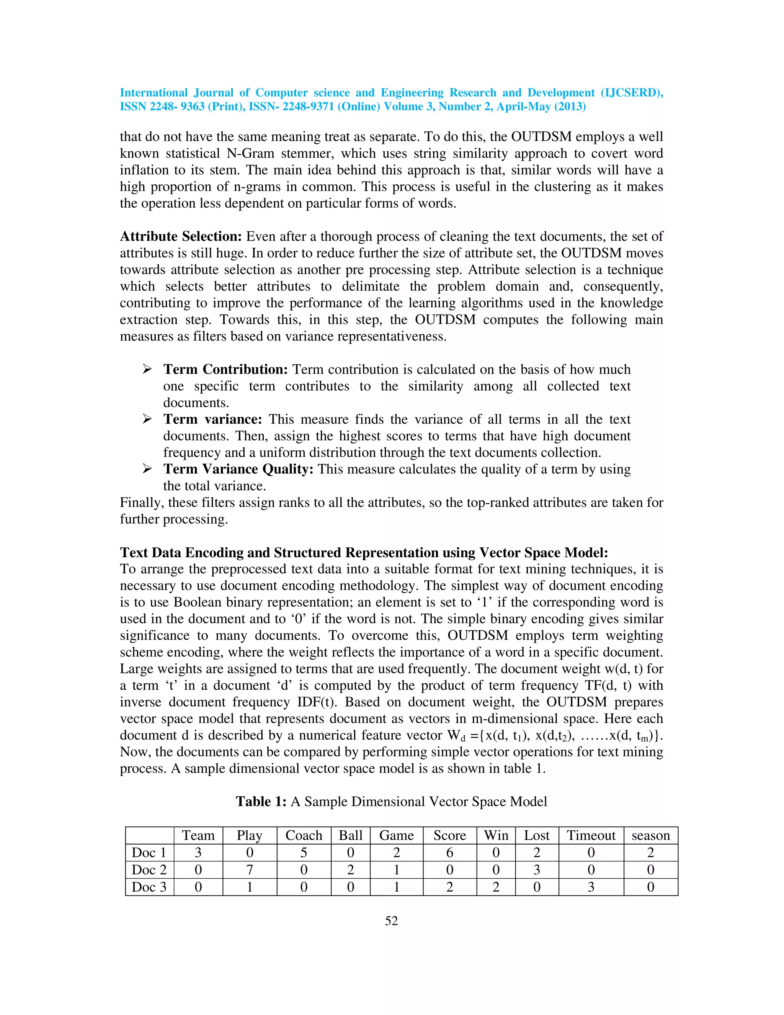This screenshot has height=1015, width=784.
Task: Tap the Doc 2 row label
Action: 149,869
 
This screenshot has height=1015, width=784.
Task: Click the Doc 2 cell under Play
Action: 250,869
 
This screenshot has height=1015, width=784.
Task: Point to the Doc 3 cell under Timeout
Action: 591,887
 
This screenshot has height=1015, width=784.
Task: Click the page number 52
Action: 392,921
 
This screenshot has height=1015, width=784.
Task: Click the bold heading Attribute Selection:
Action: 181,237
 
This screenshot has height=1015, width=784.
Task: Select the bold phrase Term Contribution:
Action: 226,370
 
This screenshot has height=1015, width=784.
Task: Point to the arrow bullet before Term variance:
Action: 147,419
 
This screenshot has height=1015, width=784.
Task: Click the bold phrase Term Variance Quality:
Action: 239,470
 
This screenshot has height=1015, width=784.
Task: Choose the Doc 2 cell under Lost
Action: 536,869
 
